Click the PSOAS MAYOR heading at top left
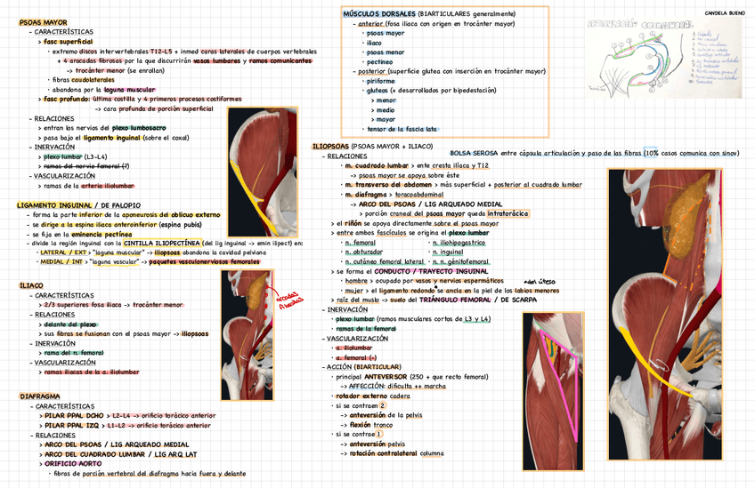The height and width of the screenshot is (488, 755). coord(42,20)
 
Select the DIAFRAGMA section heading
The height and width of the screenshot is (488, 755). coord(39,395)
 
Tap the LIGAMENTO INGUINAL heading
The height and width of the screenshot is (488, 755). coord(53,205)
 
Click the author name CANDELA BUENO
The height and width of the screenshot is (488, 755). coord(725,14)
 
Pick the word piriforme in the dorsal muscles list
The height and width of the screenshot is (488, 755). coord(380,81)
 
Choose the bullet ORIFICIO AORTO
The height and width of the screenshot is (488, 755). coord(72,463)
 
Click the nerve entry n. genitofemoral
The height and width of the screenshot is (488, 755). coord(460,261)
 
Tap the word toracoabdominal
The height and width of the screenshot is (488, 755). coord(418,194)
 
